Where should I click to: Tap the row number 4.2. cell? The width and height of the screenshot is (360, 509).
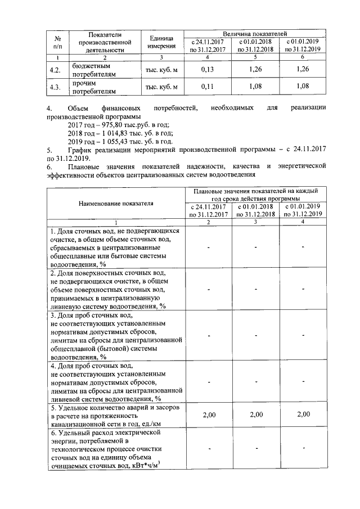click(x=56, y=70)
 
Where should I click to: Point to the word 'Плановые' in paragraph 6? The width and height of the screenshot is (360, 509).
click(x=83, y=168)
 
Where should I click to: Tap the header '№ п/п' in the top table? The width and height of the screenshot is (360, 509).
click(x=57, y=42)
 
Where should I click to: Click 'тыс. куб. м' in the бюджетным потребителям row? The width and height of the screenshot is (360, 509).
click(x=161, y=70)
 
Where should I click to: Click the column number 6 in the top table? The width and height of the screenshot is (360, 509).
click(x=303, y=57)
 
